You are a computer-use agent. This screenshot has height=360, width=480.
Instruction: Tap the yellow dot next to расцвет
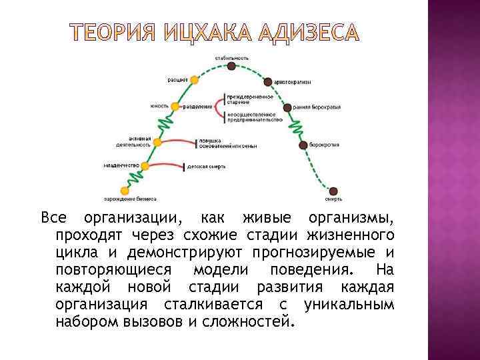[194, 80]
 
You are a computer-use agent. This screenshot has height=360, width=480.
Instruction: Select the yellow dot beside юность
[175, 107]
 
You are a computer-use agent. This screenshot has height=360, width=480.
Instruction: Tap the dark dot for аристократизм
[268, 81]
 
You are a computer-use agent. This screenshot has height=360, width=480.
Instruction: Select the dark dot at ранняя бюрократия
[287, 107]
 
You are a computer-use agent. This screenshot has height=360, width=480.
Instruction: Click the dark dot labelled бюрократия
[303, 145]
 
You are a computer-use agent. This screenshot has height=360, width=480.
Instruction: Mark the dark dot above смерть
[333, 191]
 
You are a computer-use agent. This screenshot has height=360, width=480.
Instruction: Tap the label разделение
[199, 107]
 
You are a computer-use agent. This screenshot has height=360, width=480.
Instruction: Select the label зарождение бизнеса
[130, 199]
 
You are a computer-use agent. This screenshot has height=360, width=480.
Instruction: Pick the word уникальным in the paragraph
[348, 305]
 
